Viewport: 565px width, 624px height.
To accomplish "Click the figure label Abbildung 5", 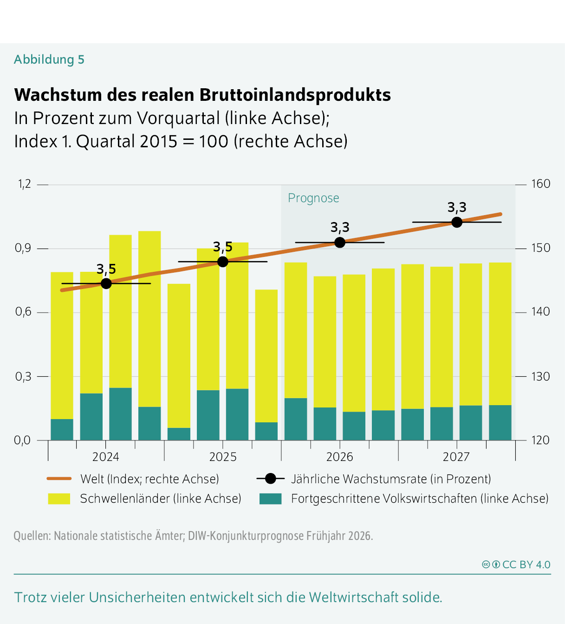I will (x=49, y=59).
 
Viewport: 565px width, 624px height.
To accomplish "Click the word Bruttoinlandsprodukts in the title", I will (x=295, y=95).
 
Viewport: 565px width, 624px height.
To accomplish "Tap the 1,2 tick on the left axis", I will (x=25, y=184).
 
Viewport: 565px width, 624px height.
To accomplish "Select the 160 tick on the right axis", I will (x=540, y=184).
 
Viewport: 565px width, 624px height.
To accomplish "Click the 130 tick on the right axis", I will (x=540, y=376).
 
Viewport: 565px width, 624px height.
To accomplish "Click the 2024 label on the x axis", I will (x=105, y=457).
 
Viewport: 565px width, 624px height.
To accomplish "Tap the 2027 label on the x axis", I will (x=456, y=457).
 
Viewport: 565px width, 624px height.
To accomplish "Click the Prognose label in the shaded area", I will (x=313, y=198).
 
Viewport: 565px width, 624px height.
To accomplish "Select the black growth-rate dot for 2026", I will (x=340, y=242).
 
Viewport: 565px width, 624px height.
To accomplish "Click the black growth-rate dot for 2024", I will (x=106, y=283).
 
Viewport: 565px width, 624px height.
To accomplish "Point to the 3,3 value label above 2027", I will (x=457, y=207).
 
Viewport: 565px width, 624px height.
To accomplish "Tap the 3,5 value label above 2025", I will (x=223, y=247).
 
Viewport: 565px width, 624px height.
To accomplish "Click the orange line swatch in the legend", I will (x=59, y=479).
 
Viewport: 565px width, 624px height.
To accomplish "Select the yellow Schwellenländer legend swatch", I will (x=59, y=499).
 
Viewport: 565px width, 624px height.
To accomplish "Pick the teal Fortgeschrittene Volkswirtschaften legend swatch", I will (x=270, y=499).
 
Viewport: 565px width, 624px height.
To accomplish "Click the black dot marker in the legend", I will (x=270, y=479).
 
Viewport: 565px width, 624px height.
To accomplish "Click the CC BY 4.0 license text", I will (x=526, y=565).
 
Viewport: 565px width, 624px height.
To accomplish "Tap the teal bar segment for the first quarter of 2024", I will (x=62, y=429).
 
